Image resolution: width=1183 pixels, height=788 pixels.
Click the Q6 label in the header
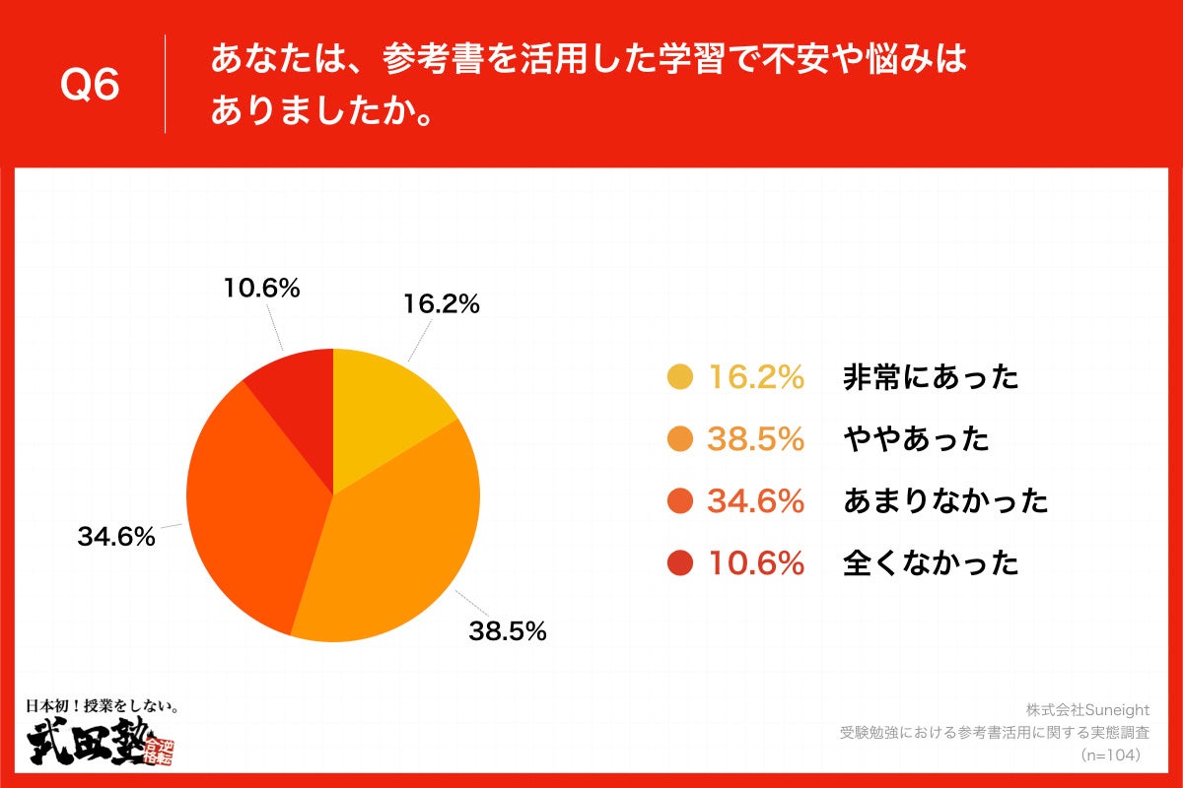pyautogui.click(x=90, y=86)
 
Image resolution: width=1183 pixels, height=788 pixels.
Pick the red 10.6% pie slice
pyautogui.click(x=296, y=394)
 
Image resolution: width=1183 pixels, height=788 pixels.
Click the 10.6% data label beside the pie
pyautogui.click(x=260, y=289)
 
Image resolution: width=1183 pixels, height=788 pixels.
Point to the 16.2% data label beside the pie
pyautogui.click(x=441, y=305)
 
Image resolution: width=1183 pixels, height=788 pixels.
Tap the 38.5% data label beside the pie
pyautogui.click(x=507, y=631)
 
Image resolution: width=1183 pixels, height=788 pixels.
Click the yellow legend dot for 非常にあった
pyautogui.click(x=680, y=377)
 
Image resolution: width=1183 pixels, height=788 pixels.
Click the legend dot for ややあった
pyautogui.click(x=680, y=439)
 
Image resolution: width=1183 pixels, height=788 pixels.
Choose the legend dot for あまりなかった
pyautogui.click(x=680, y=501)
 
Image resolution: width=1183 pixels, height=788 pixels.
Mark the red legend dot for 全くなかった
pyautogui.click(x=680, y=563)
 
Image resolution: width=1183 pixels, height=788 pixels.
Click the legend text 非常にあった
pyautogui.click(x=931, y=377)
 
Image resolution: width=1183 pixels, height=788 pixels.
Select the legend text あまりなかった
pyautogui.click(x=944, y=501)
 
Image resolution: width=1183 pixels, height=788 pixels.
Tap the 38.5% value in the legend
pyautogui.click(x=756, y=439)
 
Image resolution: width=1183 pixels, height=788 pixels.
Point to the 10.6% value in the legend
pyautogui.click(x=756, y=563)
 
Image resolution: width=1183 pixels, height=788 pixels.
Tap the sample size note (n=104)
pyautogui.click(x=1110, y=755)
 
